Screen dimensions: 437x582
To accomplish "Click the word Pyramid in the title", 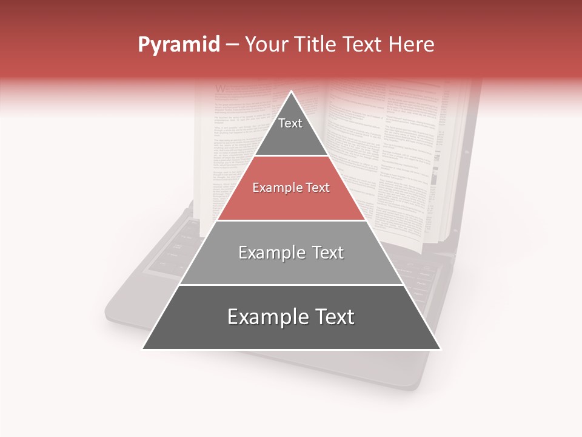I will (178, 45).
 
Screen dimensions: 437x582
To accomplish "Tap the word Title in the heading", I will (317, 44).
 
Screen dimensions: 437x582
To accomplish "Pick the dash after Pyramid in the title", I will (232, 45).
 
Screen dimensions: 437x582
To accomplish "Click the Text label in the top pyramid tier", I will (290, 123).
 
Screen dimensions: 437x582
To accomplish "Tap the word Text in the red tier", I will (318, 188).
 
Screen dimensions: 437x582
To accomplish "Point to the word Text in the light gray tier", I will (327, 252).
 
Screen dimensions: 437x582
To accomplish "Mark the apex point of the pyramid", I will (292, 92).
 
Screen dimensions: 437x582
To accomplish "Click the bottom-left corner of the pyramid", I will (143, 349).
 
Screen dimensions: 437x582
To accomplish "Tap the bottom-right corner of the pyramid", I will (440, 349).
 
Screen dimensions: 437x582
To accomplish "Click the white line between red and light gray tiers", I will (292, 220).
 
